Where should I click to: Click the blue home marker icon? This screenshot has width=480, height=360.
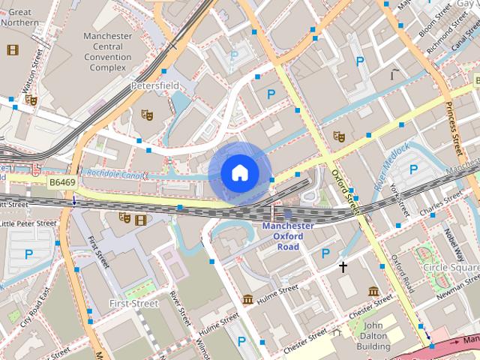239,172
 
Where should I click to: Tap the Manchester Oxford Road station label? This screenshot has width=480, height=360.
288,236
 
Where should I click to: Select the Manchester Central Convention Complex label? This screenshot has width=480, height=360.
108,52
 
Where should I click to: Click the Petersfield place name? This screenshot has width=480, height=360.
155,86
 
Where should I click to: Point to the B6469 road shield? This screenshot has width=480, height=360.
64,182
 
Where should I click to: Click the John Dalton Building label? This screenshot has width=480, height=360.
373,336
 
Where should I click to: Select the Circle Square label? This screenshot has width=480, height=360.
450,266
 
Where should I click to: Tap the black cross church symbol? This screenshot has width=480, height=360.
343,266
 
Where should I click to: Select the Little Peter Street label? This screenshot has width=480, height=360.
28,223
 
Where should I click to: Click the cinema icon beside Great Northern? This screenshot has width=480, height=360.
12,50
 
